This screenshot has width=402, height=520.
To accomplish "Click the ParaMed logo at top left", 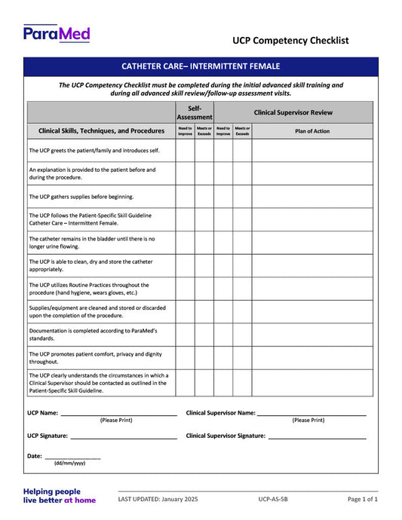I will click(x=57, y=33).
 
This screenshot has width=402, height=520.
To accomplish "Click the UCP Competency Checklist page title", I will click(x=290, y=41).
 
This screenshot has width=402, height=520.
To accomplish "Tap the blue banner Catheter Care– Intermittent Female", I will click(x=201, y=66).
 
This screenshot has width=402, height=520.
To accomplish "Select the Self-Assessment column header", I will click(x=195, y=112).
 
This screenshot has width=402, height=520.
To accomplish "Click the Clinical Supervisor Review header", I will click(x=293, y=112).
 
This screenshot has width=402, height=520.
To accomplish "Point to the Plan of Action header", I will click(x=311, y=131).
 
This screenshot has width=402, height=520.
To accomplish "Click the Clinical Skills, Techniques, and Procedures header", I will click(x=101, y=131).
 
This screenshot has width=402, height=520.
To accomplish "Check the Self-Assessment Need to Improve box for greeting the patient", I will click(x=186, y=151).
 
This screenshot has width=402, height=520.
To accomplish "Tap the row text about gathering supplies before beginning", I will click(x=81, y=197).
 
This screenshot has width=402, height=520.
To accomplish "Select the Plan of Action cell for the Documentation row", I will click(x=311, y=335).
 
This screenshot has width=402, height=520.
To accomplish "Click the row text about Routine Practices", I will click(x=89, y=289).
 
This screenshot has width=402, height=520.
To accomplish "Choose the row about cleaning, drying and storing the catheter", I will click(x=89, y=265).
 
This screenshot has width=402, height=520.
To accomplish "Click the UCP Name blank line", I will click(x=118, y=414).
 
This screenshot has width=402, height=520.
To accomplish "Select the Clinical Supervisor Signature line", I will click(x=317, y=437).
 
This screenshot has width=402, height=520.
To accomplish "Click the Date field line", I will click(x=72, y=457).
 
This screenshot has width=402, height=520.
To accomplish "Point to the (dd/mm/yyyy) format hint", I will click(x=69, y=463).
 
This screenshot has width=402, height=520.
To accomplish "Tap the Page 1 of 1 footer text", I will click(x=363, y=499).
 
